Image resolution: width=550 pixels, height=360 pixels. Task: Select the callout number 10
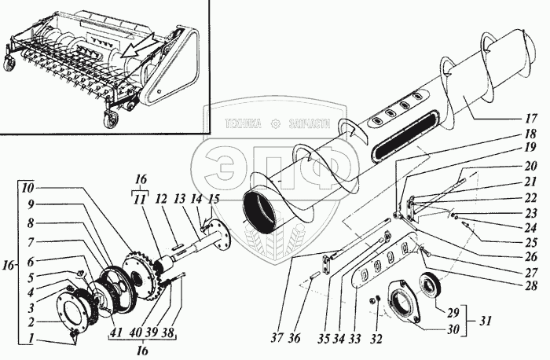click(x=28, y=189)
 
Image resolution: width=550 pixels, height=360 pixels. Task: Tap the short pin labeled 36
click(x=315, y=276)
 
